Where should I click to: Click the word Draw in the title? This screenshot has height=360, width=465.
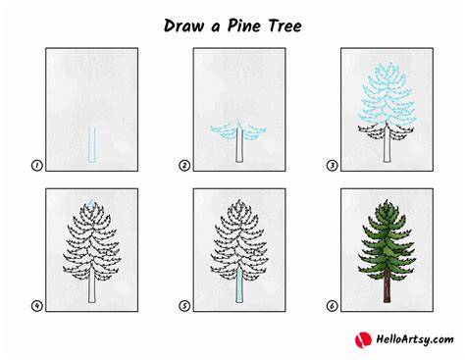183,26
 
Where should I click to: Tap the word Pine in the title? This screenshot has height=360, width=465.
241,26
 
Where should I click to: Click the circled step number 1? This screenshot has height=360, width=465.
37,166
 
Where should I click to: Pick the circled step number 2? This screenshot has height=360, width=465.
184,166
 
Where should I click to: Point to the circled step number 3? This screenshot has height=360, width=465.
332,166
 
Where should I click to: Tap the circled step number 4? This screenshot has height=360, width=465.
37,306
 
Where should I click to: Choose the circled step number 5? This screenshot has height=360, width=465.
184,306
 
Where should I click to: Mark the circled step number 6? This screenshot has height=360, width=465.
332,306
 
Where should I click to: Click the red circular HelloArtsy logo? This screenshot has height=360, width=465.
363,339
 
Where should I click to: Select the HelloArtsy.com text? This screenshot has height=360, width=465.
415,339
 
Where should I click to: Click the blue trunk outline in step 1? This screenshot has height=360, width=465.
88,145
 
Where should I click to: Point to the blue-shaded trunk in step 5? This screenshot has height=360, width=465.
239,285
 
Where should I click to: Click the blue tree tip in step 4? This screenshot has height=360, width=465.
91,204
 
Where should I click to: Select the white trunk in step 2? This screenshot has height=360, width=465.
239,145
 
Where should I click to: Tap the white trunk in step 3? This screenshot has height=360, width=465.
387,145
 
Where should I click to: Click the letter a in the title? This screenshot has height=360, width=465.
215,27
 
